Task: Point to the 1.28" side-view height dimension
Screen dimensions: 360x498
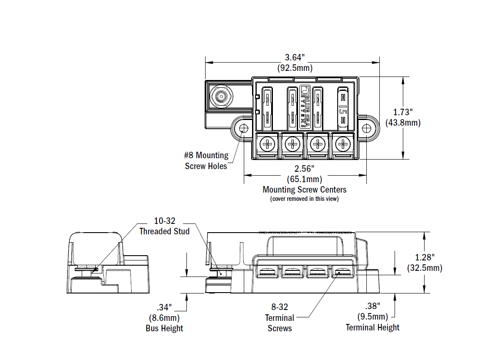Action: click(x=424, y=257)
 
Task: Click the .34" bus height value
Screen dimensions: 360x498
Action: click(x=164, y=307)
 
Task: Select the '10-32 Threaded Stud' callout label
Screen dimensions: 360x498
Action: click(x=164, y=227)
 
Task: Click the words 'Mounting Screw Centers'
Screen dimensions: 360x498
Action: click(x=304, y=190)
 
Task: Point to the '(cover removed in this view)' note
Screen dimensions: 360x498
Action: click(x=304, y=199)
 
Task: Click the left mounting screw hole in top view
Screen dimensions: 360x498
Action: click(x=243, y=129)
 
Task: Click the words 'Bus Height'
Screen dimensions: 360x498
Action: click(x=164, y=328)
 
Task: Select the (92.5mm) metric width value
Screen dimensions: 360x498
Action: click(x=295, y=68)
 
